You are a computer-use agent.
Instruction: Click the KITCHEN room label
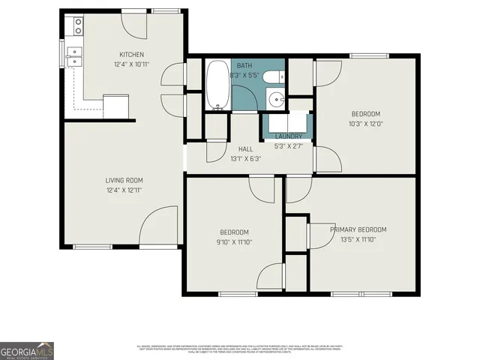point(131,54)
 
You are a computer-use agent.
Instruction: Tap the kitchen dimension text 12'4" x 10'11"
point(131,65)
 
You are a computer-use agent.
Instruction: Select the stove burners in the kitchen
point(77,27)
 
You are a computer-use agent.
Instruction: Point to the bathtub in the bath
point(218,84)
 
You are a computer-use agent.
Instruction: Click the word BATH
point(244,66)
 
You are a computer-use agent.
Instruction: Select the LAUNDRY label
point(288,136)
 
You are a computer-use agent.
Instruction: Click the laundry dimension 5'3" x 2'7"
point(288,145)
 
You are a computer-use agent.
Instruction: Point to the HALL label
point(244,148)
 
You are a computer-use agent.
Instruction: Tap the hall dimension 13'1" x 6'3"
point(244,158)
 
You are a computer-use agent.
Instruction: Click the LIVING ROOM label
point(124,180)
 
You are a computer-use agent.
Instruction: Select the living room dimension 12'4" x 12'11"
point(124,190)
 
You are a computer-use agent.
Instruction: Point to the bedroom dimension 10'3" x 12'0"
point(366,124)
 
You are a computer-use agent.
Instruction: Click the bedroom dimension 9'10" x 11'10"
point(234,242)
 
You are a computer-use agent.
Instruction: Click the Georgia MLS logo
point(27,350)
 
